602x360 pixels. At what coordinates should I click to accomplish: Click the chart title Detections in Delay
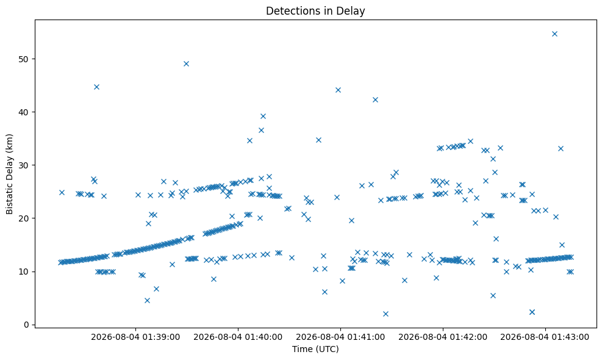point(315,11)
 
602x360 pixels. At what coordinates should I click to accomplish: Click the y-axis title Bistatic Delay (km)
point(9,174)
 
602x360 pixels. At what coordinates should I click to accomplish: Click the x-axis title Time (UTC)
point(315,349)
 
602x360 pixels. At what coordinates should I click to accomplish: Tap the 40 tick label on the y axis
point(25,112)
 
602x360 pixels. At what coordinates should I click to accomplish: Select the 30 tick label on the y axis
point(25,165)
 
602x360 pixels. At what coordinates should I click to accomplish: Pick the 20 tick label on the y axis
point(25,218)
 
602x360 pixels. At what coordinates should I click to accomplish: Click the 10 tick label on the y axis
point(25,272)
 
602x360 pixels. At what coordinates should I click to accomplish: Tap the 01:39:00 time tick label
point(135,337)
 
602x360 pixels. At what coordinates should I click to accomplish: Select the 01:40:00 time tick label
point(238,337)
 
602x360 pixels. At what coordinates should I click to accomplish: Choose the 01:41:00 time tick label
point(340,337)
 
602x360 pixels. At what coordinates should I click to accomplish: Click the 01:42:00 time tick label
point(443,337)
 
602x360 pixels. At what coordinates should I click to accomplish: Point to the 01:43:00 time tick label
point(545,337)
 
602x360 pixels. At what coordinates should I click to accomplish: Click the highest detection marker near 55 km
point(554,34)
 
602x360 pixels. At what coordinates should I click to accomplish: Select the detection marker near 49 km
point(186,64)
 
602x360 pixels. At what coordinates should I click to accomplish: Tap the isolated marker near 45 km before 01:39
point(97,87)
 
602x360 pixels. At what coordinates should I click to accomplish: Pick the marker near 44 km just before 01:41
point(339,90)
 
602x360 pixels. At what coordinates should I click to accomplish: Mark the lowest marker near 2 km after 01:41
point(386,314)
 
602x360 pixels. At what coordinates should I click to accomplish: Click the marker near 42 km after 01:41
point(376,100)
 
